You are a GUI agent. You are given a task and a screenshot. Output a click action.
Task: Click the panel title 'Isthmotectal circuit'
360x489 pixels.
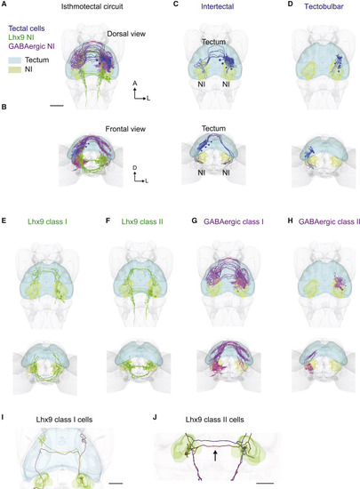point(92,6)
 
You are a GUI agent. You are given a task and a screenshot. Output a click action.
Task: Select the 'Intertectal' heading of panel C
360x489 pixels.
point(217,6)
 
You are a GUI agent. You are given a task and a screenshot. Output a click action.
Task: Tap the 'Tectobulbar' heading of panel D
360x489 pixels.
point(324,6)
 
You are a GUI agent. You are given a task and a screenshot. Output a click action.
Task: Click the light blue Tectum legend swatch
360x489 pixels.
point(14,60)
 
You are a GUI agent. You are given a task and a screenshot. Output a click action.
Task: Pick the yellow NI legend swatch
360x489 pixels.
point(14,69)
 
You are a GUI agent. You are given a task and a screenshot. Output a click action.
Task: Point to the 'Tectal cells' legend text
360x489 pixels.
point(27,28)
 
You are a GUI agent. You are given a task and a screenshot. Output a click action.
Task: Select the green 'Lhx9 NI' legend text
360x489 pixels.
point(21,37)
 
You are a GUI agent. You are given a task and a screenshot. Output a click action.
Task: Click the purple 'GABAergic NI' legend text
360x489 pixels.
point(31,46)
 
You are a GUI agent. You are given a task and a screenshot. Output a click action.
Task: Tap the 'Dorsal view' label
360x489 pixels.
point(126,34)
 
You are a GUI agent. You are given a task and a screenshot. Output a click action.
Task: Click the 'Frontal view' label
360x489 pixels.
point(125,129)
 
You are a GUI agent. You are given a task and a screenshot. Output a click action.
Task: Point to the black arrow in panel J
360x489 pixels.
point(215,455)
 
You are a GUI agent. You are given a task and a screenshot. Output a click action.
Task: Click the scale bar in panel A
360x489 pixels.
point(56,106)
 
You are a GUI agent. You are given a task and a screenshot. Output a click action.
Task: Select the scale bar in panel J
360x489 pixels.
point(265,483)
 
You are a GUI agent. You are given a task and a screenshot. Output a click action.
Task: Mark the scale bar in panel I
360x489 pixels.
point(116,483)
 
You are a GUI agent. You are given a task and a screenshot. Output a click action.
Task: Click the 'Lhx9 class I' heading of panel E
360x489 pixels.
point(47,221)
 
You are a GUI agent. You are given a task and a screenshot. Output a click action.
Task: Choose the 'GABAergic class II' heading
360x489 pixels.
point(329,221)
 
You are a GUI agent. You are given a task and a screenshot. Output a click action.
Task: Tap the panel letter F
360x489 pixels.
point(108,221)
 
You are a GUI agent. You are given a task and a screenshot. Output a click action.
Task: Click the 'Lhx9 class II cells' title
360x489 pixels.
point(215,420)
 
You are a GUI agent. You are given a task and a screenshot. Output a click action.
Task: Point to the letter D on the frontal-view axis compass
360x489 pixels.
point(134,168)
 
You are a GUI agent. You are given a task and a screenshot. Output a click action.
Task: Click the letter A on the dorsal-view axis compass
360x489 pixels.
point(134,84)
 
